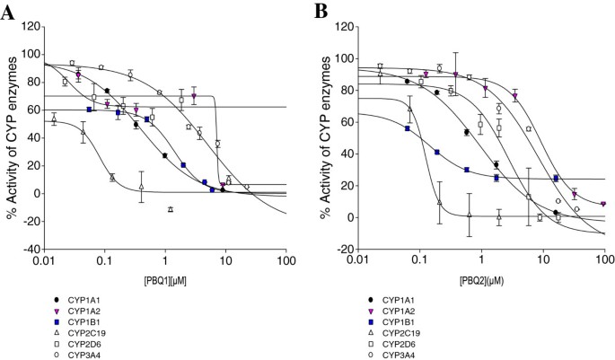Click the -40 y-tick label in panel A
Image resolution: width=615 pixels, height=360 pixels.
coord(31,248)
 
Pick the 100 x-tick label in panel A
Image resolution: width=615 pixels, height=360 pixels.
coord(286,260)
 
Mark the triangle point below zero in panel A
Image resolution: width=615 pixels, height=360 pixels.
coord(170,208)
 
